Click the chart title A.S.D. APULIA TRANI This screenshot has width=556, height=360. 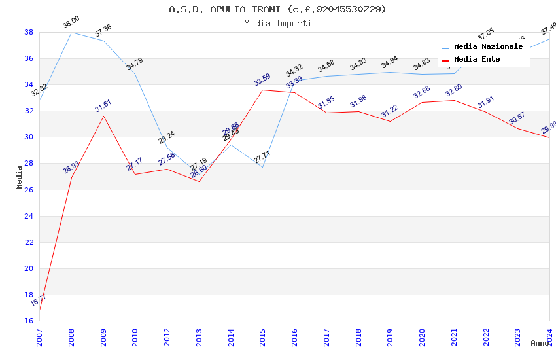(277, 9)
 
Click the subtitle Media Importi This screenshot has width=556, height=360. (277, 23)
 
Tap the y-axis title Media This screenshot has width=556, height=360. (20, 177)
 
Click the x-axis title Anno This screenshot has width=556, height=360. (540, 343)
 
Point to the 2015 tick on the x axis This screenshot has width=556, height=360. (263, 332)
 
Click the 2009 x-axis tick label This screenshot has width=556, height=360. (103, 332)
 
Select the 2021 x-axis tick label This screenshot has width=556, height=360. (455, 332)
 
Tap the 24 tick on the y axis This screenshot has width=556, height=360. (29, 216)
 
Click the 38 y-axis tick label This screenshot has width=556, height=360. (29, 32)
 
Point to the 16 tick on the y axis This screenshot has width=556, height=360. (29, 321)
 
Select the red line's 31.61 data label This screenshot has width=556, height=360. (103, 106)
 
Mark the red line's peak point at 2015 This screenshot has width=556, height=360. (263, 90)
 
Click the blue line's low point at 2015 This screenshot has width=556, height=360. (263, 167)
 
